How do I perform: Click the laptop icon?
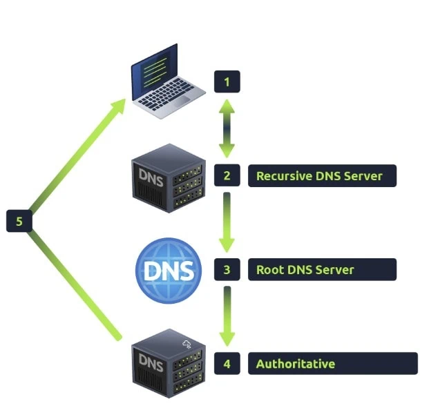(x=164, y=81)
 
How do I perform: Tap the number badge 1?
(x=227, y=83)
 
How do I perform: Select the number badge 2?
(x=227, y=175)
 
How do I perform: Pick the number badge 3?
(x=227, y=269)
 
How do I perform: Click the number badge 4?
(x=227, y=363)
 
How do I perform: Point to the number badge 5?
(x=19, y=222)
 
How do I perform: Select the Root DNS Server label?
(x=322, y=269)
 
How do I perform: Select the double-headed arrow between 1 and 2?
(x=227, y=128)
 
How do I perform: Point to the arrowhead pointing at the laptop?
(x=119, y=105)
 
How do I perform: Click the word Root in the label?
(x=269, y=269)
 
